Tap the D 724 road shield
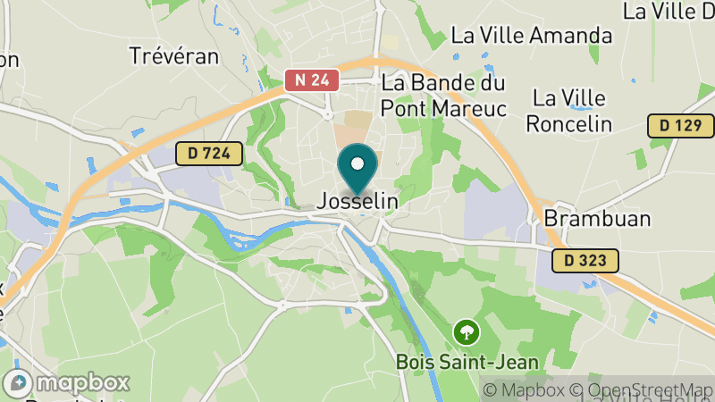click(209, 154)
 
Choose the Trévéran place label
click(173, 55)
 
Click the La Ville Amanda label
click(532, 36)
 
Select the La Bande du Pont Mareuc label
click(444, 95)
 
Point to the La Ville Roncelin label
click(568, 110)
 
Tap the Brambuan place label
click(585, 219)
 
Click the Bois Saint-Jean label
click(467, 362)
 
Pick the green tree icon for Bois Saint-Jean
click(467, 333)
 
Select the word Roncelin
click(568, 123)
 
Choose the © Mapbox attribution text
click(523, 389)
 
